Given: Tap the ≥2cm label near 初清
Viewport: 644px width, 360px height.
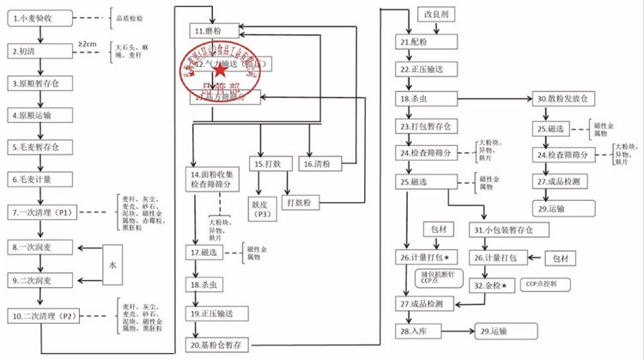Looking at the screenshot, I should (x=88, y=43).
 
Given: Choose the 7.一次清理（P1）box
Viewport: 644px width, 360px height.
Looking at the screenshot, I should (x=47, y=212).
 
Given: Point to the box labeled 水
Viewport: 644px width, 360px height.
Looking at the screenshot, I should (x=112, y=265).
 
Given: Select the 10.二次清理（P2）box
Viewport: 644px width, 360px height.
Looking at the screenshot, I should (x=49, y=316).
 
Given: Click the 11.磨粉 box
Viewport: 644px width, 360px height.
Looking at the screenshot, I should (x=224, y=31).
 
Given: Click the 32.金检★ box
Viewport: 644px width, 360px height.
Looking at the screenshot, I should (x=495, y=284).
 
